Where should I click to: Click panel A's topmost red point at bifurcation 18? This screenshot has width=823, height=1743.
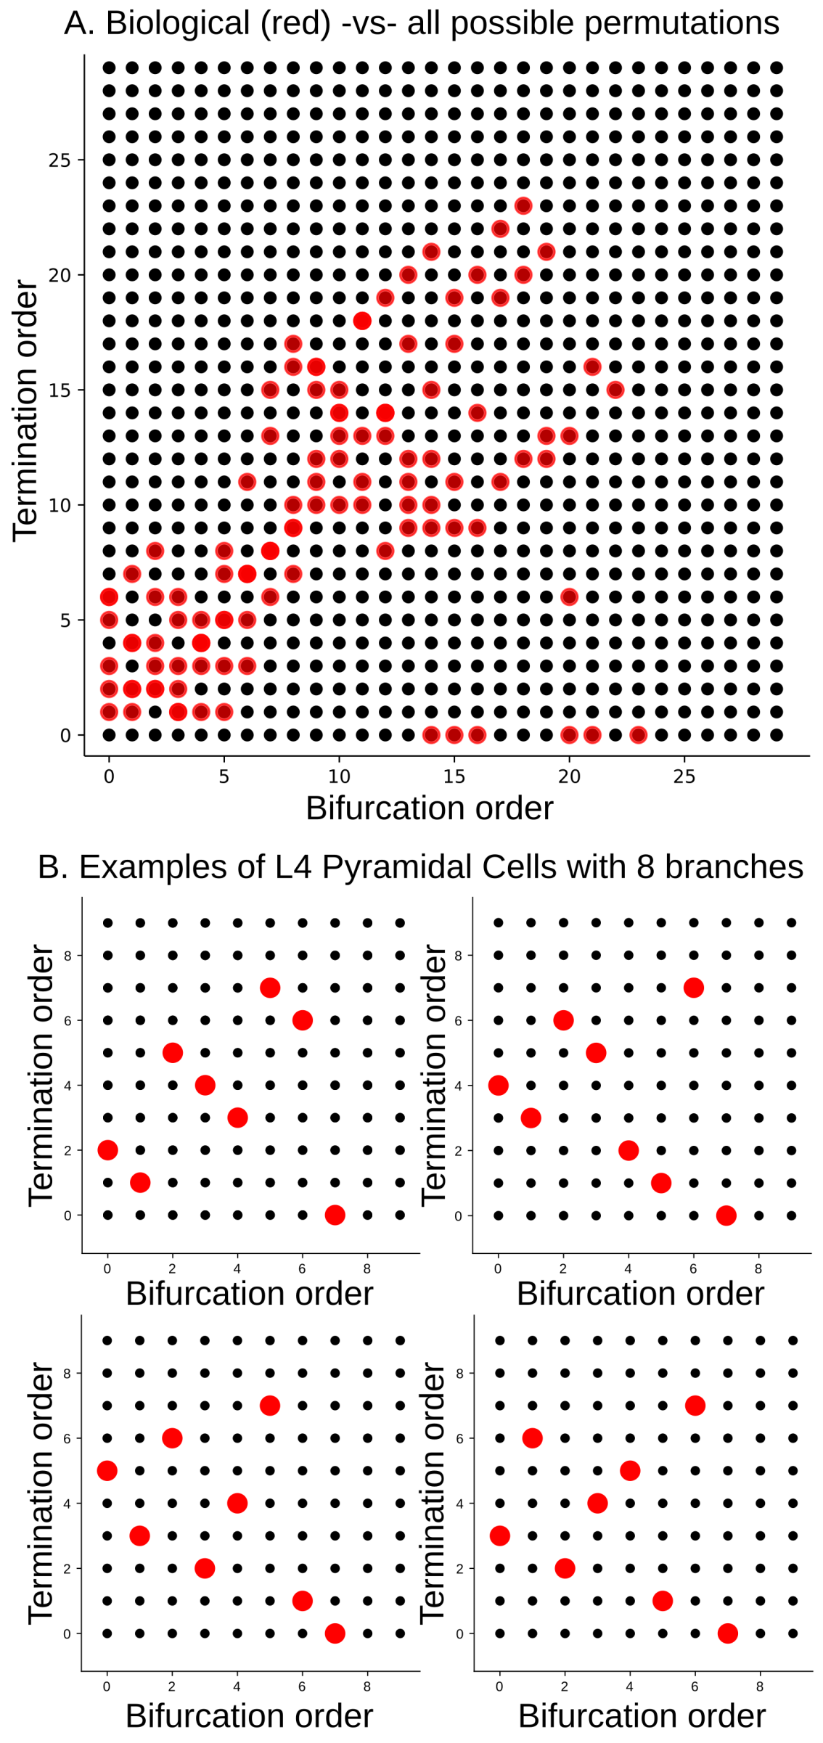click(x=523, y=206)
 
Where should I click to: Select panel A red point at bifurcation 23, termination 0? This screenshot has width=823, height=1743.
click(x=638, y=735)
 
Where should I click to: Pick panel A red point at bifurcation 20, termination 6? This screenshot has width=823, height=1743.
click(x=569, y=597)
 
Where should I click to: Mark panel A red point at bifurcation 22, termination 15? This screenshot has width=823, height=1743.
click(x=615, y=390)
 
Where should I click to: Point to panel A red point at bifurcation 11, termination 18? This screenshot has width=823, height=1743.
click(x=362, y=321)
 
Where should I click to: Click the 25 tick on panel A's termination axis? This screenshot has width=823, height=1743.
click(x=60, y=160)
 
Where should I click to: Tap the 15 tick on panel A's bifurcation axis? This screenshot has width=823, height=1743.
click(x=454, y=777)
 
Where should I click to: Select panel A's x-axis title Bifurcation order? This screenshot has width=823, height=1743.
click(x=429, y=808)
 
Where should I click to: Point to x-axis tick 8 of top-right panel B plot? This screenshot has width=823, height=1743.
click(x=758, y=1269)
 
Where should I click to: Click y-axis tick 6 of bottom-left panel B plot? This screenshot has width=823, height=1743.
click(x=67, y=1438)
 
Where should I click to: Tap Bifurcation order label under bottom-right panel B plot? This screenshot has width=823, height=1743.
click(x=642, y=1716)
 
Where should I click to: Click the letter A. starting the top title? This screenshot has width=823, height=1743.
click(x=79, y=24)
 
